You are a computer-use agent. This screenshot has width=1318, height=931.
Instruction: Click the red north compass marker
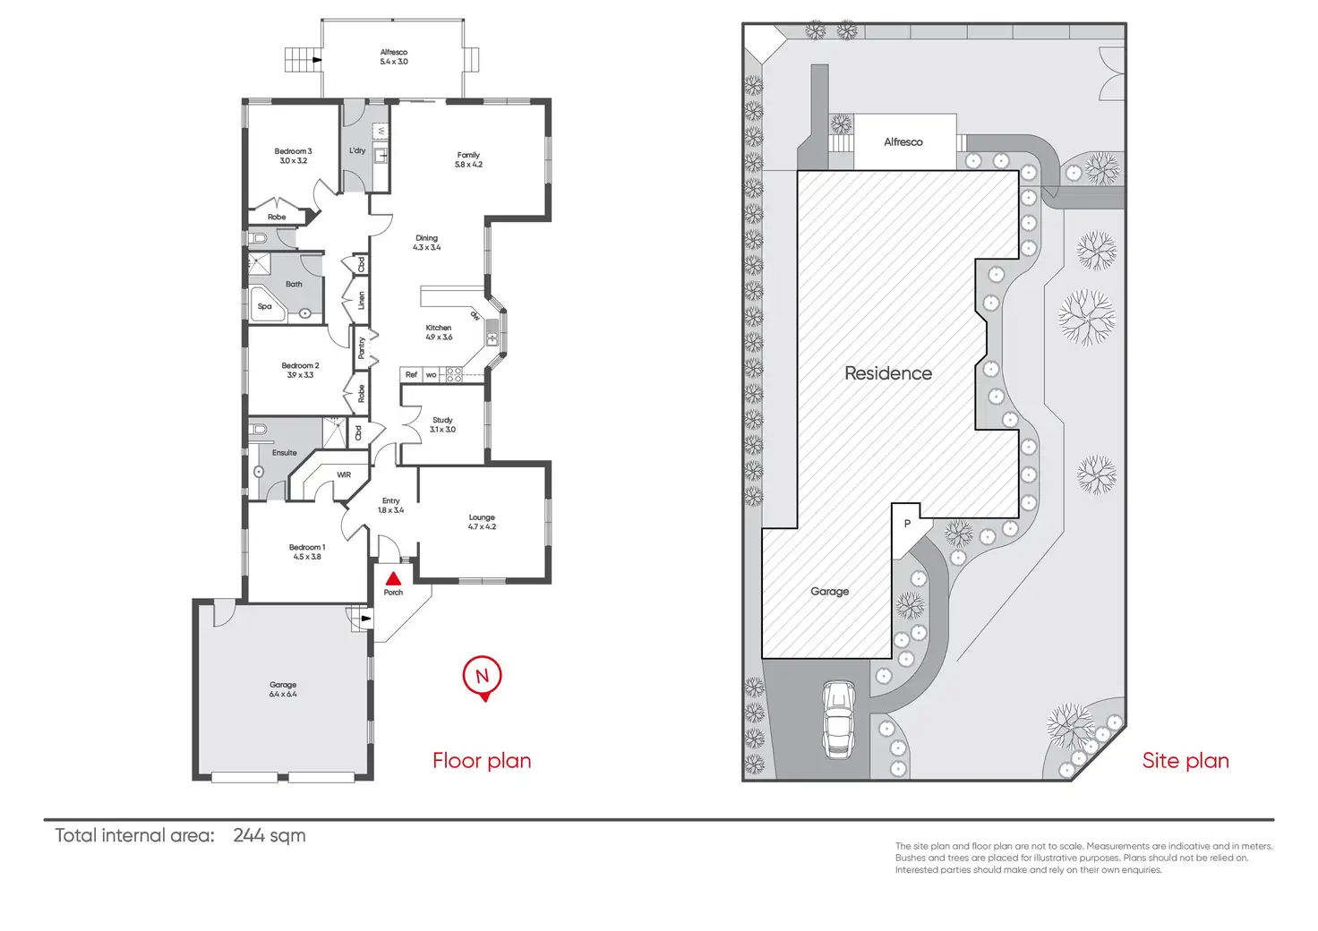(482, 677)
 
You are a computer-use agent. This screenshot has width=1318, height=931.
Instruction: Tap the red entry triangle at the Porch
(393, 579)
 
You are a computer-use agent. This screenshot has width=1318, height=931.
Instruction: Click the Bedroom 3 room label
(293, 156)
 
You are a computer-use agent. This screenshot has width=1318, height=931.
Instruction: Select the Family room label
(468, 159)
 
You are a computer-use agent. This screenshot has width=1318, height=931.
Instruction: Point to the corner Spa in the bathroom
(265, 305)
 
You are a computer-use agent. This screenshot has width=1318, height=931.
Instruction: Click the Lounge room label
(482, 522)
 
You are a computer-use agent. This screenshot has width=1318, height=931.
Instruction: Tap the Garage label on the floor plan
(283, 689)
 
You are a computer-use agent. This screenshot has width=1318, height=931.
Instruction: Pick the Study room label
(442, 424)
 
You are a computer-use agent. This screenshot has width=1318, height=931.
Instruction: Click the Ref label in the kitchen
(411, 375)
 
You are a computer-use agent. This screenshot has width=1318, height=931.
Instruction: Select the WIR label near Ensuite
(344, 474)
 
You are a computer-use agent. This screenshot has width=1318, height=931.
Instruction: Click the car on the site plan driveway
(838, 719)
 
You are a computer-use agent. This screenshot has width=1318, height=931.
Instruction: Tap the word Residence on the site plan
(888, 373)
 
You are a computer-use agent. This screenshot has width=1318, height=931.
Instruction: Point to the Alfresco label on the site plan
(903, 142)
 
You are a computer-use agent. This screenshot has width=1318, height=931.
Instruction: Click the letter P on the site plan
(907, 524)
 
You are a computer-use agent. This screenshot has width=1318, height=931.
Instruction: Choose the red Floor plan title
(482, 760)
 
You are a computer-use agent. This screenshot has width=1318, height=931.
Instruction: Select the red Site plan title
(1185, 760)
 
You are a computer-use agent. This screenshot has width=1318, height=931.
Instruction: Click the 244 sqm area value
(269, 835)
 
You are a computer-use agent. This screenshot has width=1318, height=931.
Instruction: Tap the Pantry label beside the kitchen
(362, 347)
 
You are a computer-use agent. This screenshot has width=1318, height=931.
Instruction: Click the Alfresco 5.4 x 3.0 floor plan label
(393, 57)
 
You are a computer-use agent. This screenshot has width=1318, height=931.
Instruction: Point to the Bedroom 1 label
(307, 551)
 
